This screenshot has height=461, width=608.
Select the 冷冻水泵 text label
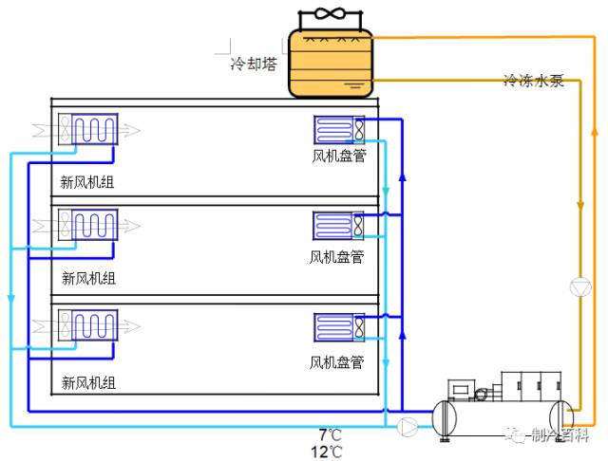[534, 82]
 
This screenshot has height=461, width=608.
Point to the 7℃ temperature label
[330, 434]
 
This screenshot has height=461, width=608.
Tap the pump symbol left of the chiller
[408, 427]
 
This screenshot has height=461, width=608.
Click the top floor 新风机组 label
[87, 182]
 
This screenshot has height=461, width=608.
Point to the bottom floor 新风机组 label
[87, 382]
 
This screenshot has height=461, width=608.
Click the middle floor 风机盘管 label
[336, 256]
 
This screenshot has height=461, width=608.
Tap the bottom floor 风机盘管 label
[336, 361]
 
